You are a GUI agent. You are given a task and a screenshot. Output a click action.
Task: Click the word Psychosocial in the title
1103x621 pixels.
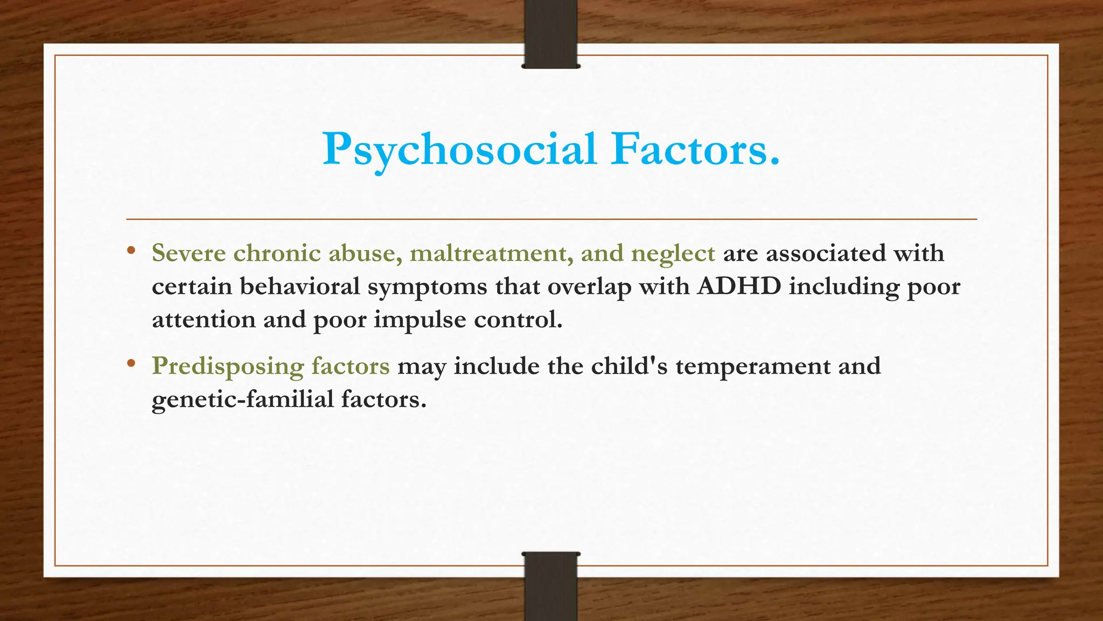[x=459, y=149]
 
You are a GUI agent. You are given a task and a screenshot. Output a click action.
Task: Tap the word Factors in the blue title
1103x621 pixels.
[x=695, y=149]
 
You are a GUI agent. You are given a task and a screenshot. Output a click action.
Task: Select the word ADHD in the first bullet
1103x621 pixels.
[x=739, y=286]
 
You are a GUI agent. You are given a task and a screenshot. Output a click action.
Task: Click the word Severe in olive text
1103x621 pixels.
[x=189, y=253]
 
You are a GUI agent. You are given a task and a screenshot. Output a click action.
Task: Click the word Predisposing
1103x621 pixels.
[x=228, y=367]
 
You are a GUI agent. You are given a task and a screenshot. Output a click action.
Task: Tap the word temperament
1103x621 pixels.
[x=753, y=367]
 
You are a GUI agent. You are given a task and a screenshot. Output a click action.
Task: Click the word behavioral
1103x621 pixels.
[x=299, y=286]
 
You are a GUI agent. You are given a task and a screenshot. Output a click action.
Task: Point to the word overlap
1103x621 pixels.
[x=589, y=286]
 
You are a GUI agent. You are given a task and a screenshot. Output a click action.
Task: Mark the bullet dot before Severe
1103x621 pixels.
[x=131, y=251]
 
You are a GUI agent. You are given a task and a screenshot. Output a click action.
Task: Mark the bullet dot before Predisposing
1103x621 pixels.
[x=131, y=364]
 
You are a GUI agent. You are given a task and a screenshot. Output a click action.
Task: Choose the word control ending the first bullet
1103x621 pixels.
[x=518, y=320]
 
